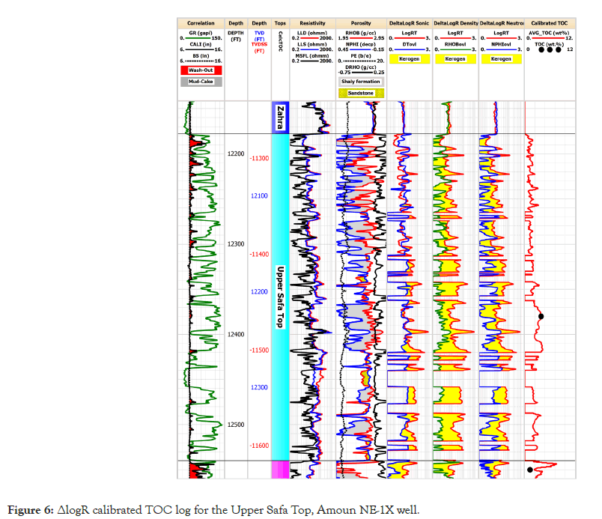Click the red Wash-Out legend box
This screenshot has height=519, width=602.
point(201,70)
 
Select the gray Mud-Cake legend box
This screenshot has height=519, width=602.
point(201,81)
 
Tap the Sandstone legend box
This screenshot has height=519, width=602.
point(360,94)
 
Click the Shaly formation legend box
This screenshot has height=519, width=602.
point(360,82)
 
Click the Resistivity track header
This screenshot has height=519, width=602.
point(312,23)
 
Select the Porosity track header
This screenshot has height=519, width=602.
point(361,23)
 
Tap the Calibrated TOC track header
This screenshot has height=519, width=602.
point(549,23)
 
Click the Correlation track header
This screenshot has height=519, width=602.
point(201,23)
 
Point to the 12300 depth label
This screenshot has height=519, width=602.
point(236,244)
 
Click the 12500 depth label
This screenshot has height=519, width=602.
point(236,425)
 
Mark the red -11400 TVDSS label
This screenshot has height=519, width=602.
point(259,255)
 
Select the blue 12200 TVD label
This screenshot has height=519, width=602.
point(259,291)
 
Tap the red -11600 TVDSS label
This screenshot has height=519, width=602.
point(259,446)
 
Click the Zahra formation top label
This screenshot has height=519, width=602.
point(280,118)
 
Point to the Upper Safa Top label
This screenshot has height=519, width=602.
point(280,297)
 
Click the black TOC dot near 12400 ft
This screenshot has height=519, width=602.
point(541,317)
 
